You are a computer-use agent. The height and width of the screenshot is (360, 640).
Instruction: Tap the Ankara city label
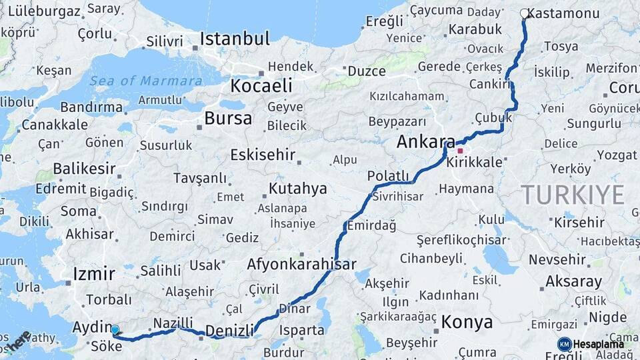pos(425,142)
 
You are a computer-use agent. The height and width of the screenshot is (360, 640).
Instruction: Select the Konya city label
pos(467,323)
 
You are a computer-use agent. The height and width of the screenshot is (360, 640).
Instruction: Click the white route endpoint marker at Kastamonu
pos(524,13)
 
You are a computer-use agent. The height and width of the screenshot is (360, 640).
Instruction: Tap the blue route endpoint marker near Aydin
pos(115,329)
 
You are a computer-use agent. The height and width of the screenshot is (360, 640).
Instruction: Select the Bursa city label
pos(228,119)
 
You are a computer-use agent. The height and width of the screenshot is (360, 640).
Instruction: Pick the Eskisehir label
pos(262,155)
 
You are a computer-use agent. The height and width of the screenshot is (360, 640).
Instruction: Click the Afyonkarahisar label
pos(301,264)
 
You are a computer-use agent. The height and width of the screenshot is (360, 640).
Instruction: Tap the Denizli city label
pos(229,331)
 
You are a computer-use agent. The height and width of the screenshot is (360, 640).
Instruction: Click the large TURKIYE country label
pos(573,195)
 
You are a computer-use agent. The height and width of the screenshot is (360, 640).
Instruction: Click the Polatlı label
pos(387,175)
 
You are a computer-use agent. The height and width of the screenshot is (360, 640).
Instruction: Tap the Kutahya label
pos(297,189)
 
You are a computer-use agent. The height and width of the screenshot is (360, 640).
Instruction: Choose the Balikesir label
pos(84,168)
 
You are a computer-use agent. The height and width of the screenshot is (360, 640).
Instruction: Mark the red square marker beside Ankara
pos(460,151)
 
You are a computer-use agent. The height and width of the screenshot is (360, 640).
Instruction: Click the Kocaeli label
pos(261,86)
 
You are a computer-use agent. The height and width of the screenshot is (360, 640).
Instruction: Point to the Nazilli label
pos(173,323)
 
